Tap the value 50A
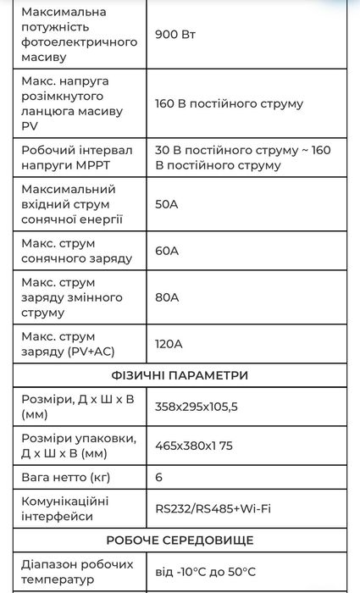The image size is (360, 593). [167, 204]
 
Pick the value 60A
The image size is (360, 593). [167, 251]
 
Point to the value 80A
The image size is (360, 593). [167, 297]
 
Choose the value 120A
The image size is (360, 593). [169, 344]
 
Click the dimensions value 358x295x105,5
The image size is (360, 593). [197, 407]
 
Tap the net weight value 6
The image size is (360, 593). [159, 477]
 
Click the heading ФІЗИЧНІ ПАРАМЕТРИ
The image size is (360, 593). [180, 375]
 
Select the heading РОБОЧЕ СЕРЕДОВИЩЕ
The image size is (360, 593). [180, 540]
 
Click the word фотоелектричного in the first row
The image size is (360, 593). [79, 42]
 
